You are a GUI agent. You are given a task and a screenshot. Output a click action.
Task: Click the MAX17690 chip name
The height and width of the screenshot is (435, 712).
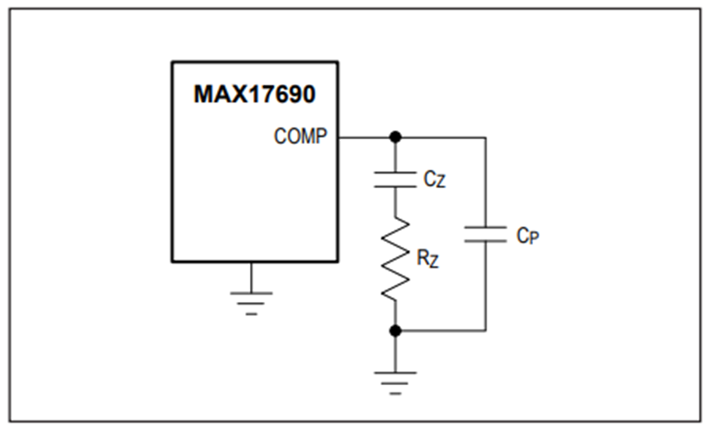[x=254, y=94]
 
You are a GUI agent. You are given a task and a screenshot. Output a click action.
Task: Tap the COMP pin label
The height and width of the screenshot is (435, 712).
[x=300, y=136]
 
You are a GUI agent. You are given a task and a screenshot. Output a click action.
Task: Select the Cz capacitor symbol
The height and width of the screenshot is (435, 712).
[x=395, y=180]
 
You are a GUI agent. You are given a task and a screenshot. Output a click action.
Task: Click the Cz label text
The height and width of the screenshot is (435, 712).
[x=434, y=180]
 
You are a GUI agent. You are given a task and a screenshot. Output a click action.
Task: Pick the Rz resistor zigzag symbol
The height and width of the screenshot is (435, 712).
[x=395, y=259]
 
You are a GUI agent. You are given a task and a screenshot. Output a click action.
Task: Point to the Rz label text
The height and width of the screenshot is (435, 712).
[x=428, y=259]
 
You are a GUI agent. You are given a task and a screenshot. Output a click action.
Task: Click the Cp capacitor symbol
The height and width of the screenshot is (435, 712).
[x=486, y=234]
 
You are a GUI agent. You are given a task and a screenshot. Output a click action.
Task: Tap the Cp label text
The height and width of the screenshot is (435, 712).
[x=528, y=236]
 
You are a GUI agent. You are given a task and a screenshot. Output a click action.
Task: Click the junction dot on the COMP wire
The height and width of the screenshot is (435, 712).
[x=396, y=137]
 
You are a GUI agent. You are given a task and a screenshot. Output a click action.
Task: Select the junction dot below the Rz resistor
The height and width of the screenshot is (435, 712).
[x=396, y=331]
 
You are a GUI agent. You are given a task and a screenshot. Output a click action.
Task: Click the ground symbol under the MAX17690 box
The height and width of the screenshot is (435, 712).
[x=251, y=304]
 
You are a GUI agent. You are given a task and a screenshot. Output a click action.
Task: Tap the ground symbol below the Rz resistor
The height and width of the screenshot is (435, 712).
[x=395, y=384]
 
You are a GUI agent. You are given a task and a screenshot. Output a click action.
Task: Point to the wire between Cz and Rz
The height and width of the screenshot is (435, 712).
[x=395, y=202]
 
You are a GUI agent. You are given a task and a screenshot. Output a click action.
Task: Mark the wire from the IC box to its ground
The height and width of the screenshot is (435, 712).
[x=251, y=277]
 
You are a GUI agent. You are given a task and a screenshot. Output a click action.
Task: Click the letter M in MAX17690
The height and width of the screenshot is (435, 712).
[x=203, y=94]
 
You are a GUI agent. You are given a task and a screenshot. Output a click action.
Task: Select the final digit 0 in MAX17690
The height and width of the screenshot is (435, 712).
[x=309, y=94]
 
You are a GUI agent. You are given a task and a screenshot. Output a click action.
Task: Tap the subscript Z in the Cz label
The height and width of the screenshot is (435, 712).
[x=441, y=183]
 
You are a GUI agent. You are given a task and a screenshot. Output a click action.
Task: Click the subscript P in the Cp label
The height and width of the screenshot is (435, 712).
[x=534, y=238]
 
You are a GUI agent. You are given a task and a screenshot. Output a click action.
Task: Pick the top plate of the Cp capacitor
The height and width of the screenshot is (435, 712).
[x=486, y=227]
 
